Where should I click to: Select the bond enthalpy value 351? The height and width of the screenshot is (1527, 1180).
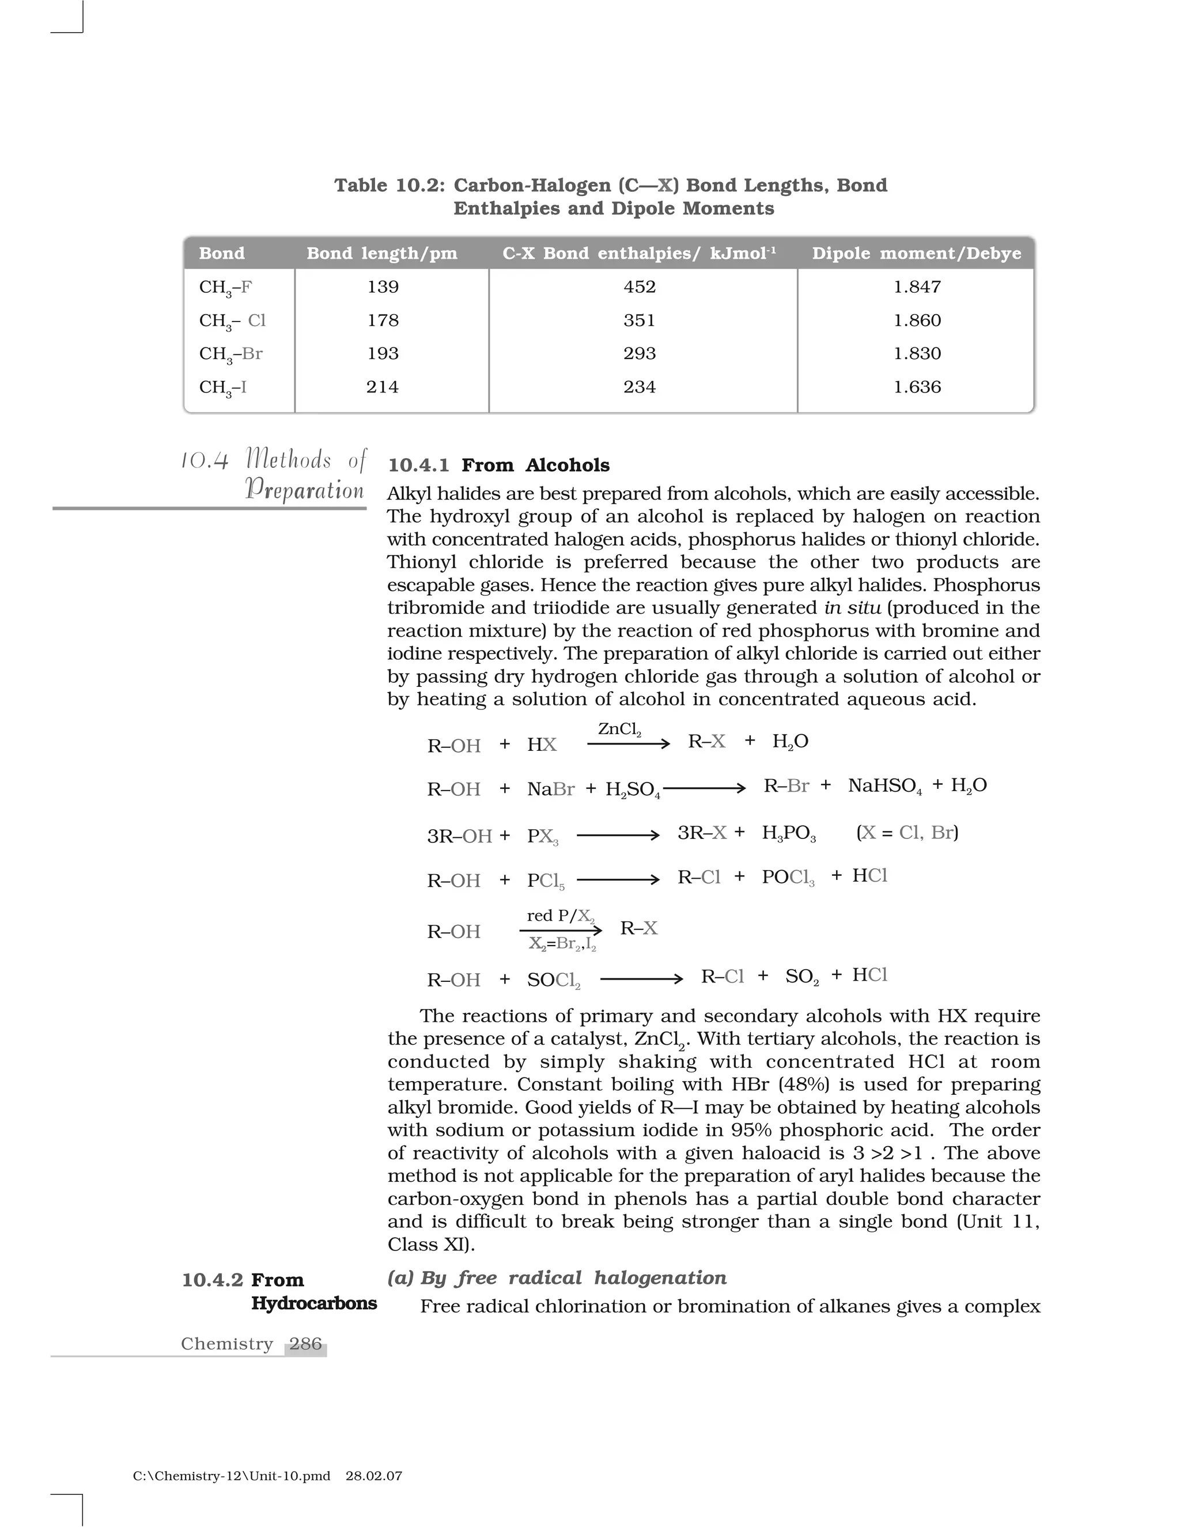click(x=639, y=320)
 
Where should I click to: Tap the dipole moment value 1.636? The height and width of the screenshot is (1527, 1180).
click(x=917, y=387)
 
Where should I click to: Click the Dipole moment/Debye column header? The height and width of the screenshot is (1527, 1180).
click(x=917, y=253)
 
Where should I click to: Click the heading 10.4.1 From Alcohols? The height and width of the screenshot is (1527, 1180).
click(x=498, y=465)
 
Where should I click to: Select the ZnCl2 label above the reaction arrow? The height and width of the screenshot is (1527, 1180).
click(x=619, y=730)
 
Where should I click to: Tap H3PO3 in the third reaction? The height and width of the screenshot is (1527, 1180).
click(x=789, y=833)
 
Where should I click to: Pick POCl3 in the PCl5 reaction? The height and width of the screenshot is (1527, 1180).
click(x=788, y=878)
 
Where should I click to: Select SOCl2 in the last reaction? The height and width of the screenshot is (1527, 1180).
click(x=553, y=980)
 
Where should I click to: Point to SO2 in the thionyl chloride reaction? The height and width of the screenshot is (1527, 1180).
click(x=801, y=977)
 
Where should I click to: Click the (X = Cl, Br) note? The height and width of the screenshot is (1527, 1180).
click(x=907, y=832)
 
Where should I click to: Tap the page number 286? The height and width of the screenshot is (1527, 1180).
click(x=305, y=1343)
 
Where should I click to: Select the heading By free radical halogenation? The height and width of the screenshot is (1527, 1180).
click(x=573, y=1277)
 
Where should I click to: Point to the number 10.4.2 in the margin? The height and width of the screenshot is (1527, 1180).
click(x=212, y=1280)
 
